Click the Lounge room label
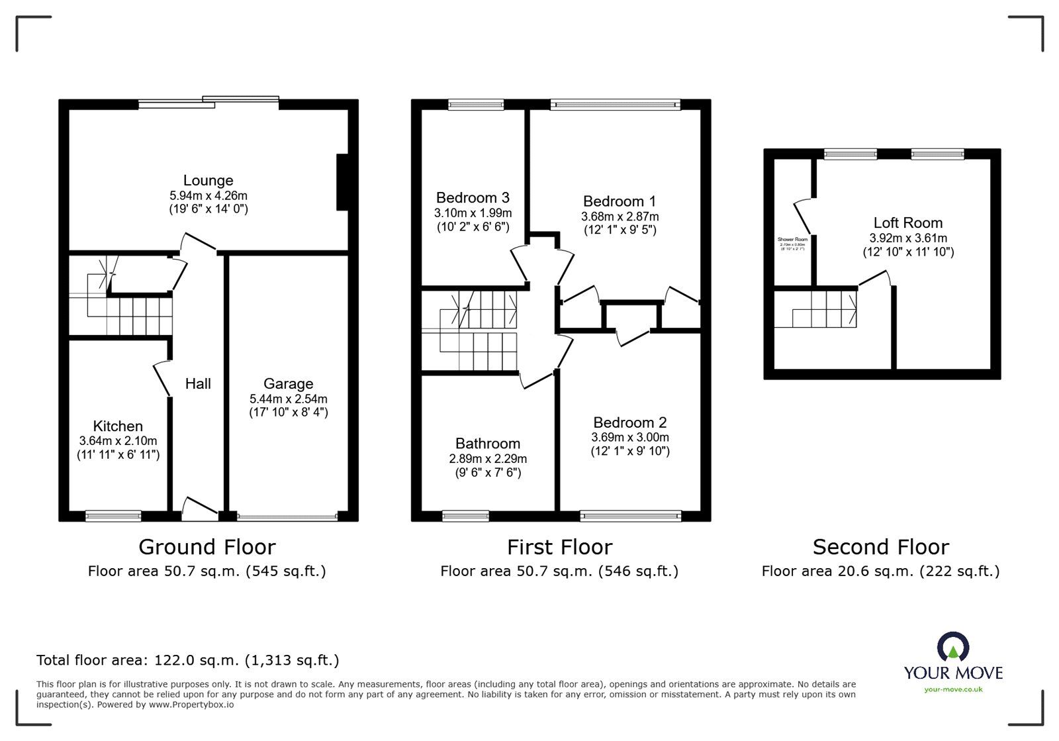pyautogui.click(x=208, y=180)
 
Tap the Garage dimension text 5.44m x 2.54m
pyautogui.click(x=288, y=399)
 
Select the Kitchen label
pyautogui.click(x=118, y=426)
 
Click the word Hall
pyautogui.click(x=198, y=383)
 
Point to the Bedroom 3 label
pyautogui.click(x=473, y=197)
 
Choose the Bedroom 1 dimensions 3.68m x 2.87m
pyautogui.click(x=620, y=217)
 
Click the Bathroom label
pyautogui.click(x=487, y=443)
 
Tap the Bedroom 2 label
pyautogui.click(x=629, y=422)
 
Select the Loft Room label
pyautogui.click(x=907, y=222)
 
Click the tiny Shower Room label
pyautogui.click(x=792, y=239)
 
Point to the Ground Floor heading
pyautogui.click(x=207, y=547)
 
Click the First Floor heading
pyautogui.click(x=559, y=547)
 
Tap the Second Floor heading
pyautogui.click(x=880, y=547)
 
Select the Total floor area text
pyautogui.click(x=187, y=660)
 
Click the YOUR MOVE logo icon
pyautogui.click(x=953, y=647)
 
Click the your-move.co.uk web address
pyautogui.click(x=953, y=689)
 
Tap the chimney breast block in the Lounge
pyautogui.click(x=343, y=182)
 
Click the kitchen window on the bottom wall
pyautogui.click(x=113, y=515)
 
